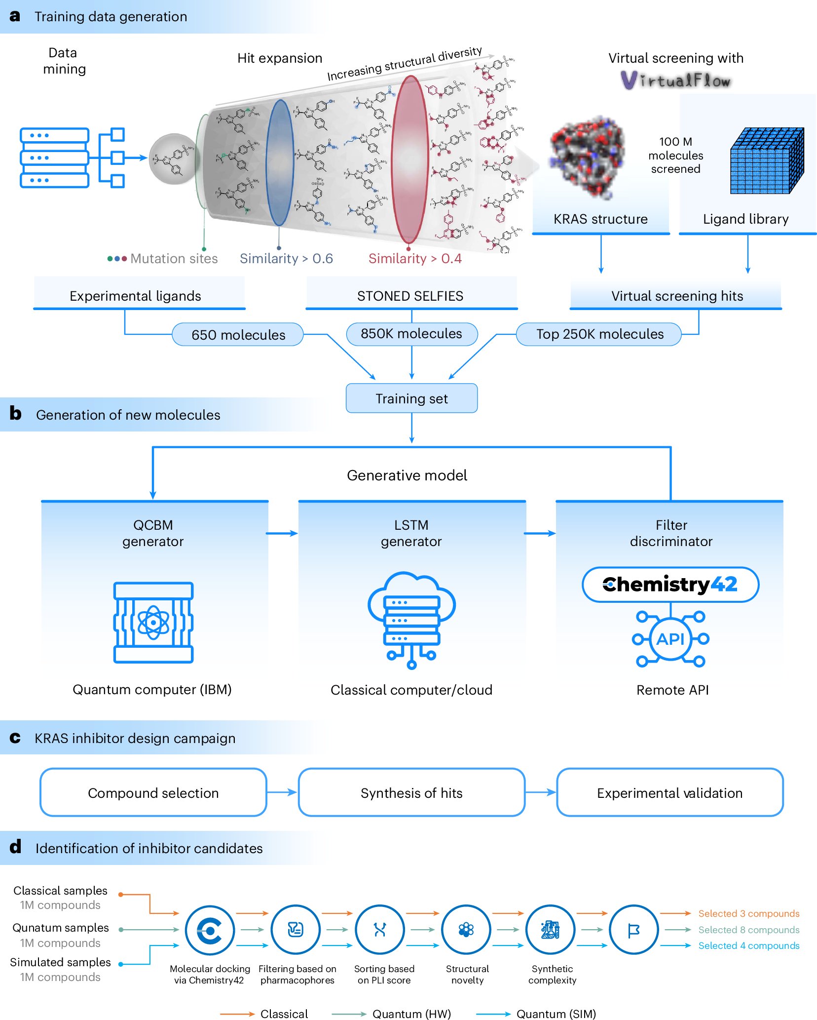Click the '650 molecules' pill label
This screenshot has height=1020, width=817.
[x=238, y=335]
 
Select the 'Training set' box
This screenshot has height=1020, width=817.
[x=411, y=398]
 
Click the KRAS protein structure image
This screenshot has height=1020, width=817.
[x=587, y=157]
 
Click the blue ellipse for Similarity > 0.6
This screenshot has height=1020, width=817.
[x=280, y=162]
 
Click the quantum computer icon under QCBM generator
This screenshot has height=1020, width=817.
[x=153, y=622]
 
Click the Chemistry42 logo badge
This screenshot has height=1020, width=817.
[x=670, y=585]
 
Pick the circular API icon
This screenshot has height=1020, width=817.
[x=670, y=639]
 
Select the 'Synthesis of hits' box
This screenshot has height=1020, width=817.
[x=411, y=792]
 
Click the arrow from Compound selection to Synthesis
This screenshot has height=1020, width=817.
[x=282, y=792]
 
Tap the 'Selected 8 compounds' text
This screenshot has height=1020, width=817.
[x=748, y=930]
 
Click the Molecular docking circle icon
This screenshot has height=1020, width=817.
[x=210, y=930]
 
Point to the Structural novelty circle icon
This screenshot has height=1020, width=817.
[x=466, y=930]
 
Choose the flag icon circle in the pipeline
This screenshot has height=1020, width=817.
[x=633, y=930]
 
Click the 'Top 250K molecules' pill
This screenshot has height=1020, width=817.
[x=599, y=334]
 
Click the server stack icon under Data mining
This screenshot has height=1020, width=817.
[x=54, y=158]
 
